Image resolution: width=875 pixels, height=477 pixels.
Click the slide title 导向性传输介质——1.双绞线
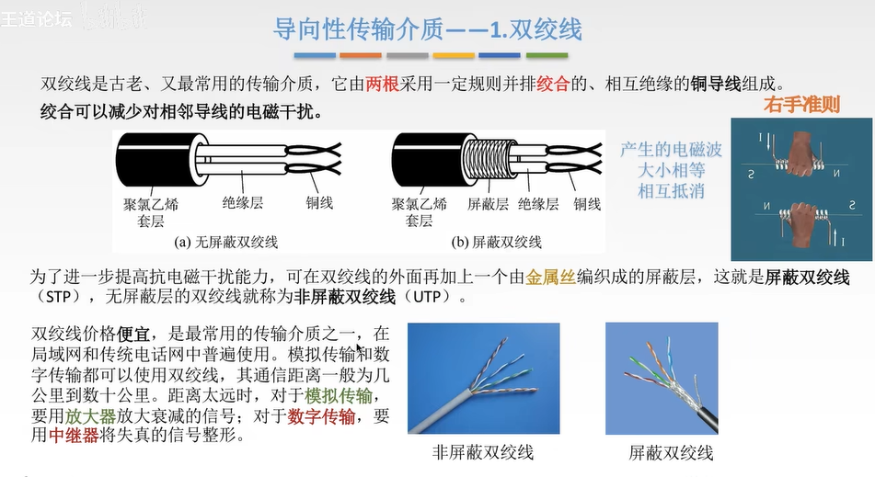pyautogui.click(x=428, y=29)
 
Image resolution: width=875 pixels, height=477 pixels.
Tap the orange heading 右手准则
pyautogui.click(x=801, y=104)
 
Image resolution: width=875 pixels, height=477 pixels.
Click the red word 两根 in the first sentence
pyautogui.click(x=382, y=85)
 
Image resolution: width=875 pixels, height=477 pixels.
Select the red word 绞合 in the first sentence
pyautogui.click(x=552, y=85)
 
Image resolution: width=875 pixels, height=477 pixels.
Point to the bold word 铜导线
pyautogui.click(x=716, y=85)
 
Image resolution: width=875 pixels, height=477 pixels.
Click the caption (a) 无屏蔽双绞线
pyautogui.click(x=226, y=242)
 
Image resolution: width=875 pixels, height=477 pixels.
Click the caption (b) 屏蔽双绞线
pyautogui.click(x=497, y=242)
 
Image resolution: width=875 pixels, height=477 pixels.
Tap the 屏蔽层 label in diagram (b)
pyautogui.click(x=488, y=204)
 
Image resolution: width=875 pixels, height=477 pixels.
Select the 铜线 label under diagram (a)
pyautogui.click(x=319, y=203)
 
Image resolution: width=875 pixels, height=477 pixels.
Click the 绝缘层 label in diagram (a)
pyautogui.click(x=243, y=203)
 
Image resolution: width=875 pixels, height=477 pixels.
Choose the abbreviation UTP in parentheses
pyautogui.click(x=427, y=297)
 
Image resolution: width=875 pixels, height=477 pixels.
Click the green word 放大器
pyautogui.click(x=90, y=415)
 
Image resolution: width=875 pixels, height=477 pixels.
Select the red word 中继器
pyautogui.click(x=74, y=435)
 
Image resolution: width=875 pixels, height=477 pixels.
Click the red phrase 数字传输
pyautogui.click(x=321, y=415)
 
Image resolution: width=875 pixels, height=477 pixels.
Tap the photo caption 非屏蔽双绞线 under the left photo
pyautogui.click(x=483, y=452)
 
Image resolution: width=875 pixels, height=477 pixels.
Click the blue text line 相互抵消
pyautogui.click(x=671, y=191)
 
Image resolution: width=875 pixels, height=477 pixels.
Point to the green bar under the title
pyautogui.click(x=547, y=55)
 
